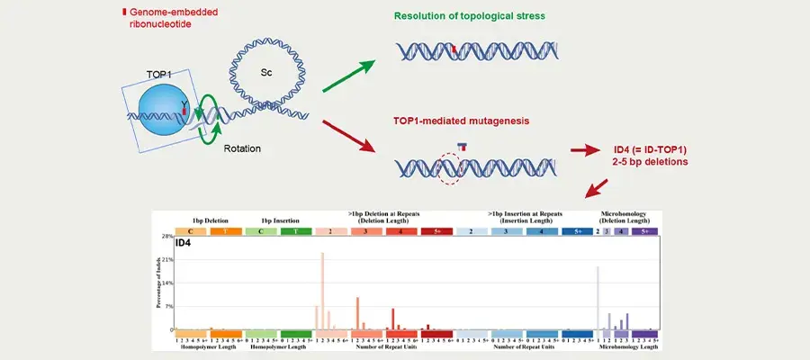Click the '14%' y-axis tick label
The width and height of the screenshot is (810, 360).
(x=166, y=283)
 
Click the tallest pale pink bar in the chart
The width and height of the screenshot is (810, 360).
(x=322, y=291)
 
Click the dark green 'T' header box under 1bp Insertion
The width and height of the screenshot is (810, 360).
(x=296, y=231)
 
